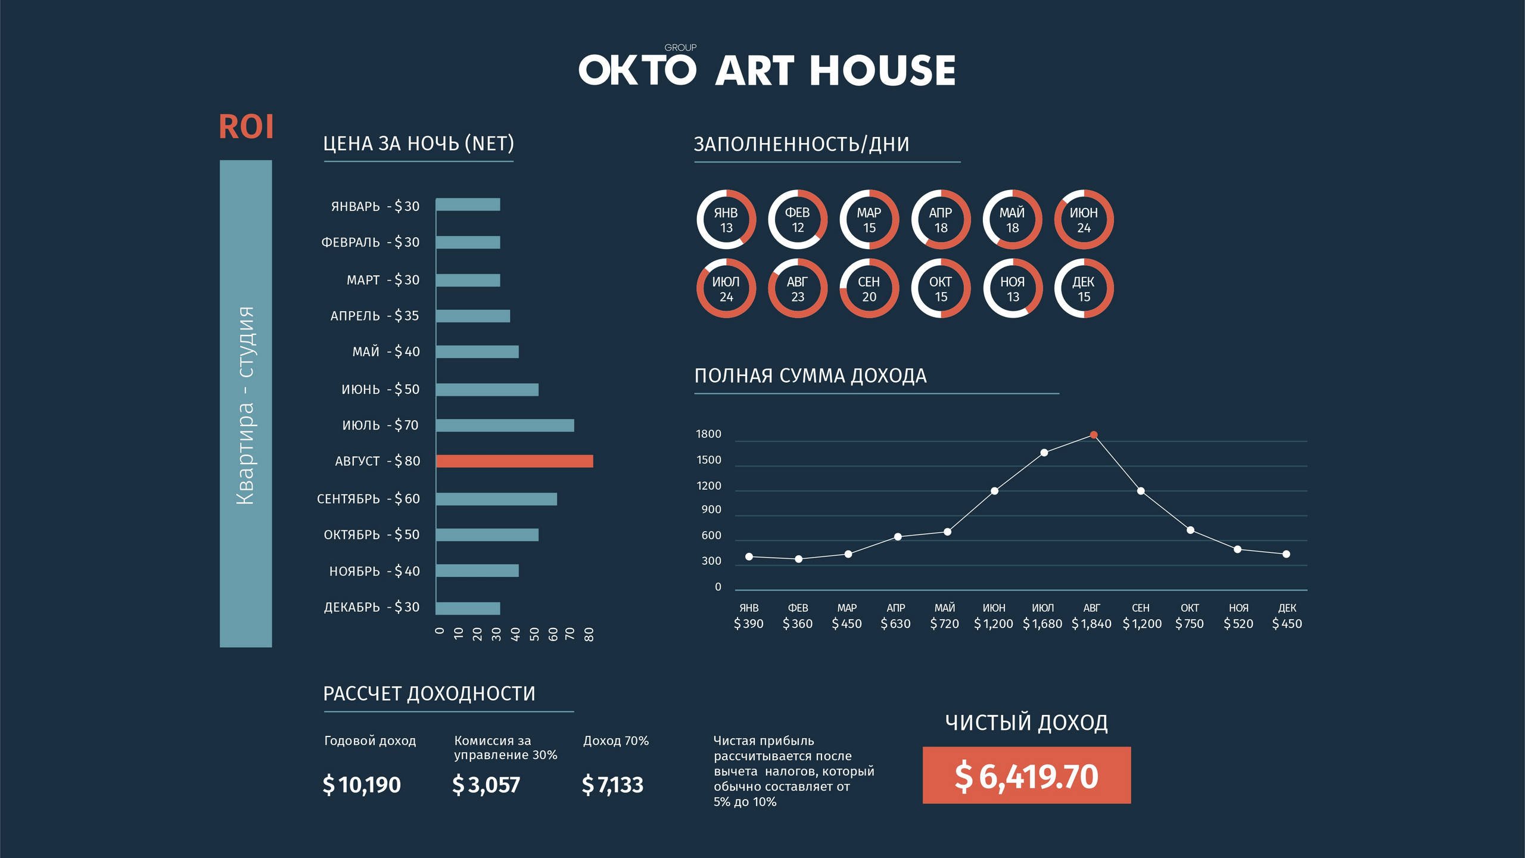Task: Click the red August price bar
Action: pos(514,461)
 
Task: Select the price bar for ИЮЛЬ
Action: pos(505,425)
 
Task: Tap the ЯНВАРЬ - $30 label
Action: pos(375,206)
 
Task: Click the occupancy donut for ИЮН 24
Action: pos(1084,220)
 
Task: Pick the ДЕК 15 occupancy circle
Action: pos(1084,289)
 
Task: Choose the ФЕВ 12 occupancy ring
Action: pos(798,220)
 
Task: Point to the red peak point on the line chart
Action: pos(1094,435)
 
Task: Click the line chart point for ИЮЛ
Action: pos(1044,453)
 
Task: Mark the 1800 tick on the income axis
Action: pos(708,434)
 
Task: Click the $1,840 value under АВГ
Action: pos(1091,624)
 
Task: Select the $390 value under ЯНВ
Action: pos(749,624)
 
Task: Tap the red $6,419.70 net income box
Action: pos(1026,775)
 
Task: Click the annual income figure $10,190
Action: pos(362,785)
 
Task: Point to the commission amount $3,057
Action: pos(486,785)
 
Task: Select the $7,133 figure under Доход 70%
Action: pos(612,785)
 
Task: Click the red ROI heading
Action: pos(246,127)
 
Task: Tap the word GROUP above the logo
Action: pos(680,48)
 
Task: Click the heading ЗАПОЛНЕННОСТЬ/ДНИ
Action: pos(801,144)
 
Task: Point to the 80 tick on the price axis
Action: pos(589,635)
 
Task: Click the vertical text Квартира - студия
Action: pos(245,405)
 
